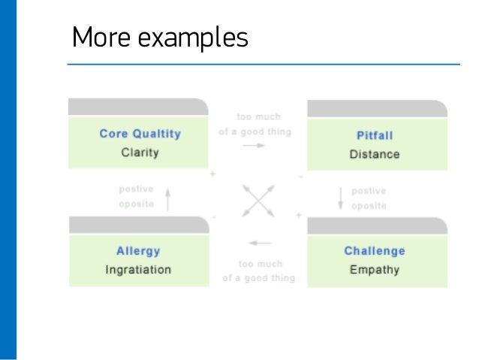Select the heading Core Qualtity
tap(140, 134)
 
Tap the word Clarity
tap(140, 153)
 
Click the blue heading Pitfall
tap(375, 136)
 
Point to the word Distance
tap(375, 155)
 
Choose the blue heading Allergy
tap(138, 251)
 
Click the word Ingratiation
tap(138, 270)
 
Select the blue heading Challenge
tap(375, 251)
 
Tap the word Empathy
tap(375, 270)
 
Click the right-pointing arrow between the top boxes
tap(255, 145)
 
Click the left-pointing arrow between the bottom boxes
tap(260, 244)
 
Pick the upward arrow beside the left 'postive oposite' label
tap(168, 198)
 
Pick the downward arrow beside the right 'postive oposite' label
tap(340, 198)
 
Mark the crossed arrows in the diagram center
tap(258, 200)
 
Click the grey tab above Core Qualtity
tap(138, 107)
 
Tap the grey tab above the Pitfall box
tap(377, 108)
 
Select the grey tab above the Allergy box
tap(139, 225)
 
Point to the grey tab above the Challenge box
tap(377, 225)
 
